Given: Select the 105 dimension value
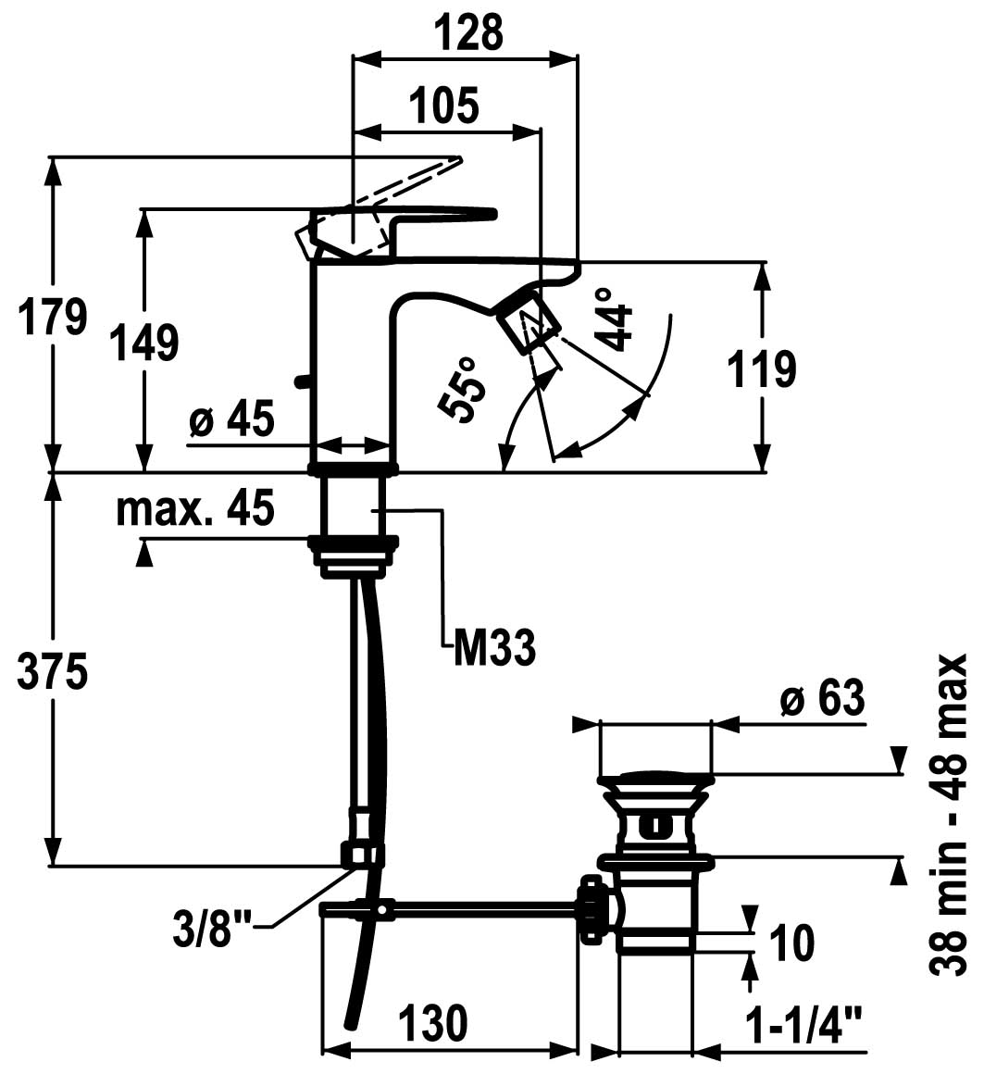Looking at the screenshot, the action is point(443,106).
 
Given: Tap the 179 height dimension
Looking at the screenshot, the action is point(53,316).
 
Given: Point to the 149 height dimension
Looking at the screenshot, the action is point(144,343).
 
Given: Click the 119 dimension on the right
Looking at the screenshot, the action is point(762,368).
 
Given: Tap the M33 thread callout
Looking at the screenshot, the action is point(494,647).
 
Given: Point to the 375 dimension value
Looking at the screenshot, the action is point(53,671).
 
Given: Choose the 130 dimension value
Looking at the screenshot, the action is point(433,1022).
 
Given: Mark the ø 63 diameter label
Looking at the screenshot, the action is point(822,698).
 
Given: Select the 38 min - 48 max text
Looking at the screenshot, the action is point(949,815).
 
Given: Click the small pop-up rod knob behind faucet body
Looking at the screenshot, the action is point(301,381).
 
